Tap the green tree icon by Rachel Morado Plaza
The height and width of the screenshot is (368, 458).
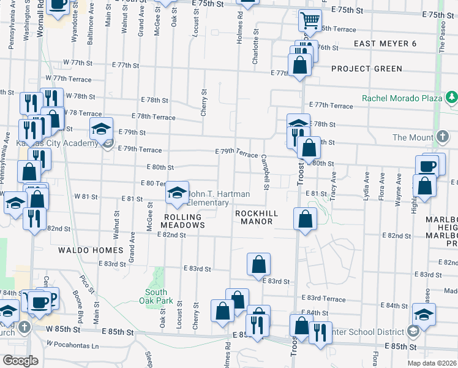coord(451,97)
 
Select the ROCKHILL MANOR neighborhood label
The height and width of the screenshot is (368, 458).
coord(257,217)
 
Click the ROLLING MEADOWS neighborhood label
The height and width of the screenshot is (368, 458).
coord(182,221)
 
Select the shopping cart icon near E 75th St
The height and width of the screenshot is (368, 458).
coord(310,20)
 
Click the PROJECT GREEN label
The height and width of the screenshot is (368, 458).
coord(367,69)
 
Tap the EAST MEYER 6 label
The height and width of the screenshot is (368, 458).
coord(385,44)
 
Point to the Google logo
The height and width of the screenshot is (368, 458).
coord(20,360)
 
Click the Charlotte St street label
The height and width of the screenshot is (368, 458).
coord(255,47)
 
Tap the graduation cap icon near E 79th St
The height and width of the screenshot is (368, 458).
coord(102,129)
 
